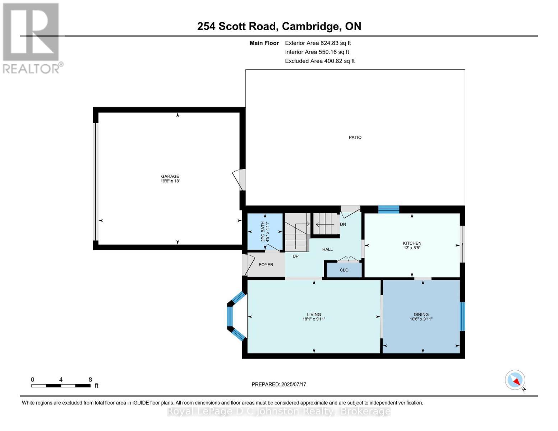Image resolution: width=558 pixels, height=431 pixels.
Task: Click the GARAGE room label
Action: pos(170,176)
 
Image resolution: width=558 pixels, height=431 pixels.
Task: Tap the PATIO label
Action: pos(355,137)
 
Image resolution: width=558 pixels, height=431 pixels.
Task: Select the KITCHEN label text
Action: pos(412,243)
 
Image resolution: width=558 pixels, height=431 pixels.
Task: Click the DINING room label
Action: pos(421,314)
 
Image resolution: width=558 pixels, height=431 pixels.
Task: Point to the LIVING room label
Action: pos(314,314)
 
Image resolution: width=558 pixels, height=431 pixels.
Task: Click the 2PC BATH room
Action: pos(265,232)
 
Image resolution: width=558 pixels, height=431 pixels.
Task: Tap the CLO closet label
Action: pos(344,270)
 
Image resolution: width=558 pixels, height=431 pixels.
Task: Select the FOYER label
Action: pos(266,265)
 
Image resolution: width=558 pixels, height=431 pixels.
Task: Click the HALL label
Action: pos(327,249)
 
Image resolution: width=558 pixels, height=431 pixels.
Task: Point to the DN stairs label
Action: pos(343,224)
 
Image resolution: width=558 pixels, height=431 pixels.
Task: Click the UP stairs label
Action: pos(295,256)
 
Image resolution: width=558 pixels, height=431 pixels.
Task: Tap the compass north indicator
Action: pos(515,380)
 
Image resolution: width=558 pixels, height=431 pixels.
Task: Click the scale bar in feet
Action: pos(61,386)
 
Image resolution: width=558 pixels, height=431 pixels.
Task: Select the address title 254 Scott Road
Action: pos(279,26)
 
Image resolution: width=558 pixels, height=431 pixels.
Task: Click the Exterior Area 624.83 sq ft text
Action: pos(318,43)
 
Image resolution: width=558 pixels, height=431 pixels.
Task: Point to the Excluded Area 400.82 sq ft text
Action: pos(320,61)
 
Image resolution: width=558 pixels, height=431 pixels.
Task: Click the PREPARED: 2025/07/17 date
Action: pos(279,384)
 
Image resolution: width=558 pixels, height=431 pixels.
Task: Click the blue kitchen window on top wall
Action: pos(389,209)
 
